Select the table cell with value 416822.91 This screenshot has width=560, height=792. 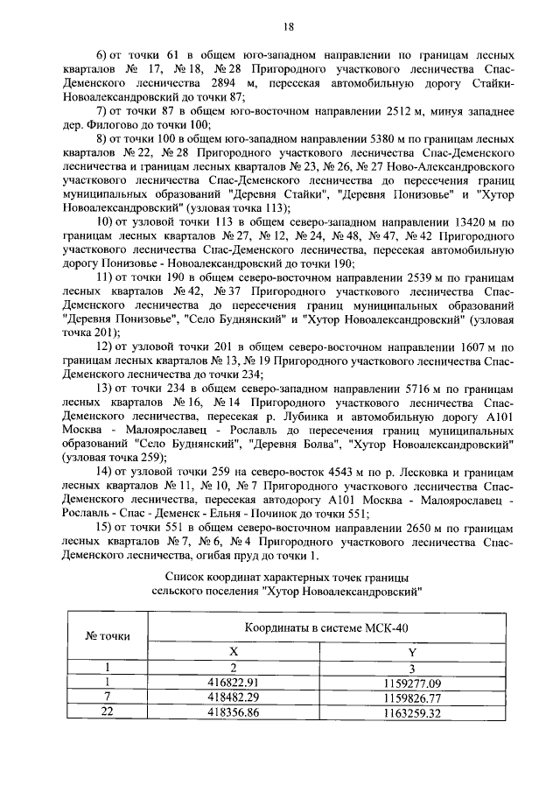point(233,683)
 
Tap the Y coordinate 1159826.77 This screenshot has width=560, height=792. point(411,697)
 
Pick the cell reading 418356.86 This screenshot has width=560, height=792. point(233,712)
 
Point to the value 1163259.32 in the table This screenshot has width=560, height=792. point(411,712)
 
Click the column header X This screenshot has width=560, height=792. point(233,652)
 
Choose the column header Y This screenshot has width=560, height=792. point(411,652)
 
